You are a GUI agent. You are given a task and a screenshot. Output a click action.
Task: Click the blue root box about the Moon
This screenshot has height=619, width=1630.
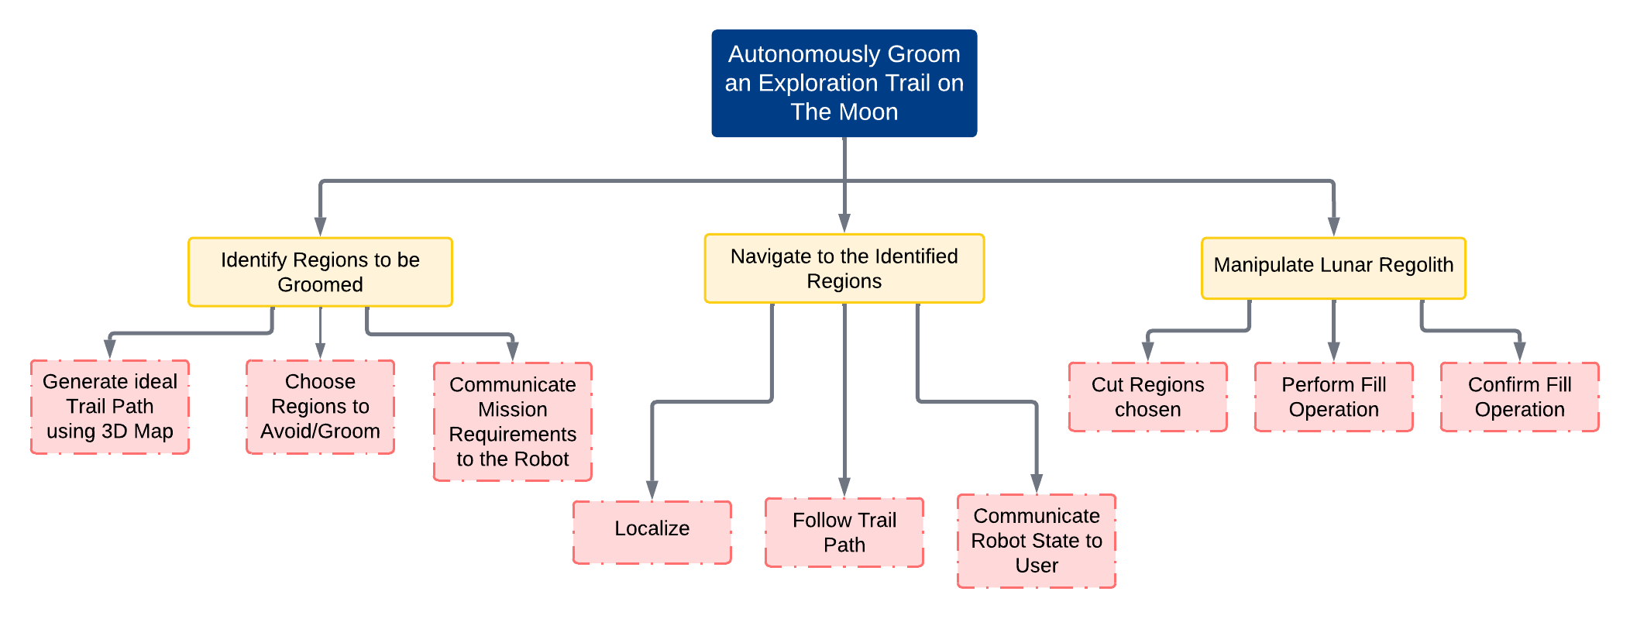click(x=844, y=84)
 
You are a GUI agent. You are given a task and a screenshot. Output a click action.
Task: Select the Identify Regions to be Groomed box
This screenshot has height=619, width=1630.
click(x=320, y=272)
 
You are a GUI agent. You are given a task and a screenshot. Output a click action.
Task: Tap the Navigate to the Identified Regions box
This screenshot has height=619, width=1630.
click(x=844, y=268)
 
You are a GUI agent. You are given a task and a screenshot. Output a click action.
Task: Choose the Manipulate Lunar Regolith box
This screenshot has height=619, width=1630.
click(x=1333, y=268)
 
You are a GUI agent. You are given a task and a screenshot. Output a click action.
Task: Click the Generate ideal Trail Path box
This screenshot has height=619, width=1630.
click(x=109, y=407)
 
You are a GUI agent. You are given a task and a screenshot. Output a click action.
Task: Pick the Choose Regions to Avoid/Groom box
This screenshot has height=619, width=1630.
click(x=320, y=407)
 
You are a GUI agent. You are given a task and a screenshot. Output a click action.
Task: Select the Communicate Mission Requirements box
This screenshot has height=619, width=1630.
click(x=512, y=421)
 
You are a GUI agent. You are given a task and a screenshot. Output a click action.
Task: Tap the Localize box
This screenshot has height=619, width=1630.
click(x=652, y=532)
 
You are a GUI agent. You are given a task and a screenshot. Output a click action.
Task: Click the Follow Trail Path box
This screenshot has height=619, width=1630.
click(x=844, y=532)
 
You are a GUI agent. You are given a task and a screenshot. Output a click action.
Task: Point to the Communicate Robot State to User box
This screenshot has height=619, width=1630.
click(x=1036, y=541)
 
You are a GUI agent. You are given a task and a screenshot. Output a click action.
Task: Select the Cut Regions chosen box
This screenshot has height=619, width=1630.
click(x=1147, y=397)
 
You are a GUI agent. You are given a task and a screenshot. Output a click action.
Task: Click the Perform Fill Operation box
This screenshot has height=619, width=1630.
click(x=1333, y=397)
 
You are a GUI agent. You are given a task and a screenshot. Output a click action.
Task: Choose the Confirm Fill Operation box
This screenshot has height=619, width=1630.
click(x=1519, y=397)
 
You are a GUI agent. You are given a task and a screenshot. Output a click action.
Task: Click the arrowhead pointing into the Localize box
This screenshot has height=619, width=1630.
click(x=652, y=491)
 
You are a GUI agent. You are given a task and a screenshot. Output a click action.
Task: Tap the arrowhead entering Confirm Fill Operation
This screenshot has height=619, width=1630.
click(x=1519, y=352)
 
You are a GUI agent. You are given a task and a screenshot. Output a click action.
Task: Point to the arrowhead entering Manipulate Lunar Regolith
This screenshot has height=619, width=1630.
click(x=1333, y=226)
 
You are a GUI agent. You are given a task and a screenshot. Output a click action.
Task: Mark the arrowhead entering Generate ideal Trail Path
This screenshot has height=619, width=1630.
click(x=109, y=349)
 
